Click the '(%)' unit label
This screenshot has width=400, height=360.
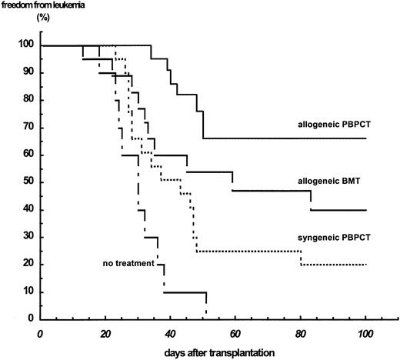23,23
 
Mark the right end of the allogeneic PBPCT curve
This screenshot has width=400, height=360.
365,138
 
